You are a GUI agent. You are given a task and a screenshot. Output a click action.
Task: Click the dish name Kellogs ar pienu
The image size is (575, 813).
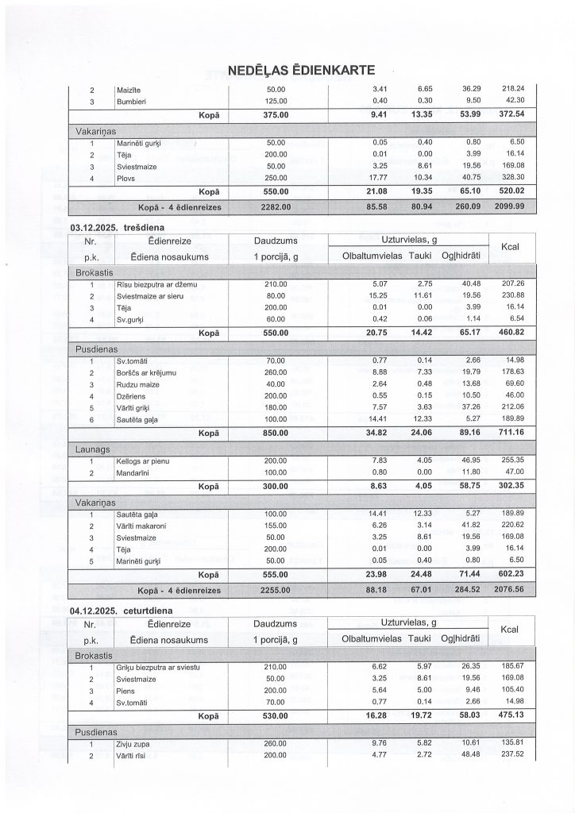(x=143, y=461)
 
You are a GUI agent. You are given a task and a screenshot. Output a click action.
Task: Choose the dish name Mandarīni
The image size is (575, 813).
(x=132, y=472)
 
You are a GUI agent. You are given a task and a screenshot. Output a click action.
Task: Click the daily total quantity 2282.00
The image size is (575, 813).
(x=276, y=207)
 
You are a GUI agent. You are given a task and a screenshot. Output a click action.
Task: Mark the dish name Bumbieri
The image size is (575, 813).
(x=131, y=102)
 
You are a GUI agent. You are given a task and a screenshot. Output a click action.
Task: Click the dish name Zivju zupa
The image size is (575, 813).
(x=133, y=744)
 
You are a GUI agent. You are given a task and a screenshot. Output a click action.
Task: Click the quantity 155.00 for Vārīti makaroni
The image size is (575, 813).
(x=276, y=526)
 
